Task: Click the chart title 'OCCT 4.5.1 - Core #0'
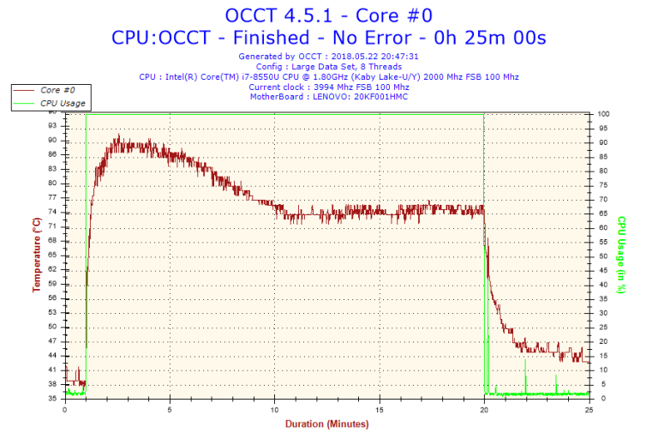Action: (328, 15)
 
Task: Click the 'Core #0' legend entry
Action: (57, 89)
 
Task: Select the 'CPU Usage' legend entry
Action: (63, 103)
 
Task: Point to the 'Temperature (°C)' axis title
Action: (37, 255)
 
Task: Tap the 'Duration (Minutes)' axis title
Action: (326, 424)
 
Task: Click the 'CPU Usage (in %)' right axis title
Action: (621, 255)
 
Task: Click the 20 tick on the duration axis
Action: (484, 410)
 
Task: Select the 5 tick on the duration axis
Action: (170, 410)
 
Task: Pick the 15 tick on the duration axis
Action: (379, 410)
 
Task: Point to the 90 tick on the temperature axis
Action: (52, 141)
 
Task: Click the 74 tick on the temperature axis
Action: (52, 212)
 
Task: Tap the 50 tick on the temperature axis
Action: (52, 327)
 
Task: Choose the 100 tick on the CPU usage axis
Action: (604, 114)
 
